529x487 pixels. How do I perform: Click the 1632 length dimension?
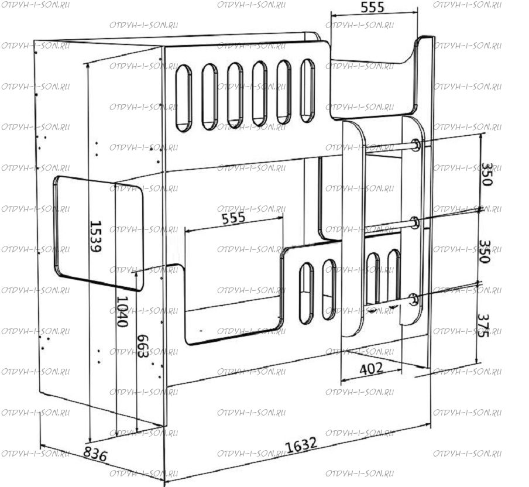(x=301, y=445)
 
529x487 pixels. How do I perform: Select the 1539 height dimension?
(x=96, y=236)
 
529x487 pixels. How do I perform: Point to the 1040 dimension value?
(x=122, y=311)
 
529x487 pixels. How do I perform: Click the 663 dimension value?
(x=143, y=346)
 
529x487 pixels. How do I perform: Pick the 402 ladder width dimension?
(x=371, y=369)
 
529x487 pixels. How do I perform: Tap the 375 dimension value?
(x=483, y=325)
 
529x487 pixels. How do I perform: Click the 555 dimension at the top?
(x=372, y=7)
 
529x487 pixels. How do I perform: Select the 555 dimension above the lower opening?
(x=233, y=218)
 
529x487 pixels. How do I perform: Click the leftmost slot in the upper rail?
(x=184, y=98)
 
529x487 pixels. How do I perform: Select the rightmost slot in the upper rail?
(x=308, y=91)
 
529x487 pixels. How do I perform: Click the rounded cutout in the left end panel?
(x=98, y=233)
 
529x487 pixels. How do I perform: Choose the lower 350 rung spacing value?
(x=485, y=252)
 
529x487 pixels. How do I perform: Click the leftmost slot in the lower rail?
(x=306, y=293)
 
